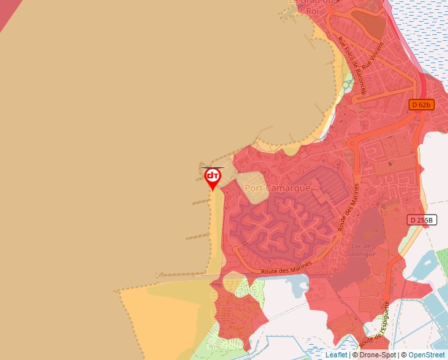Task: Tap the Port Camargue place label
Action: tap(277, 188)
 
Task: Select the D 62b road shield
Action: tap(420, 105)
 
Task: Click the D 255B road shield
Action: tap(422, 220)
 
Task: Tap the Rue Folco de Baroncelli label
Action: tap(351, 66)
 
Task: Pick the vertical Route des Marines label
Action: tap(350, 207)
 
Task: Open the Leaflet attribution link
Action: tap(336, 355)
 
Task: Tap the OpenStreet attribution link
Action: tap(426, 355)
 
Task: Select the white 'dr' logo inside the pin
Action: tap(212, 175)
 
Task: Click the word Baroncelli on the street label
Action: tap(356, 76)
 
